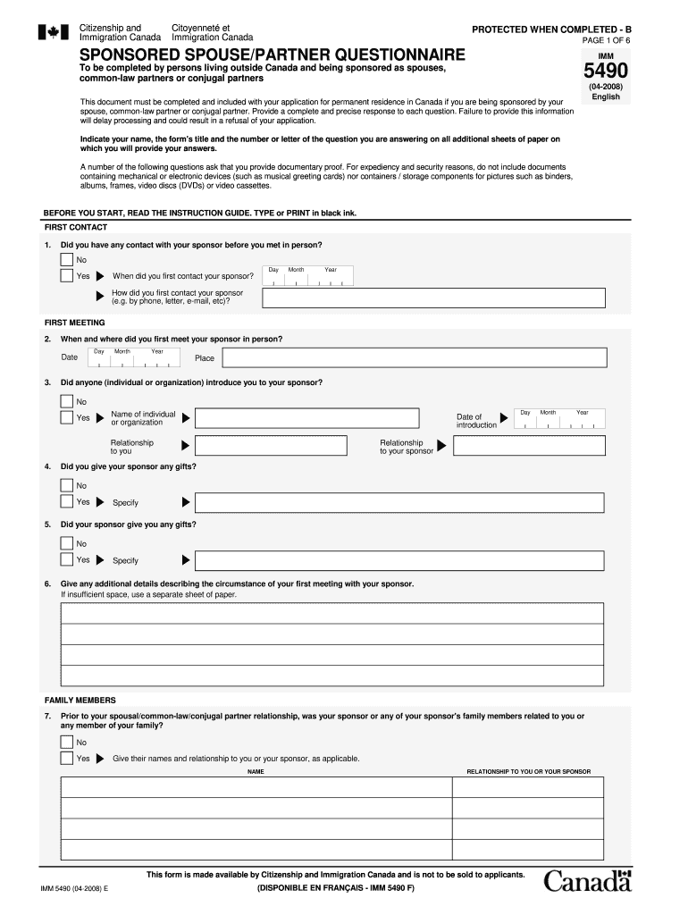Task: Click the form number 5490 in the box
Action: [x=606, y=71]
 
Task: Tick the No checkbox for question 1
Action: [x=67, y=260]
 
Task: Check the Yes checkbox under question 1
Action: [x=67, y=276]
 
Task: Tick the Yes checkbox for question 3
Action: [x=67, y=417]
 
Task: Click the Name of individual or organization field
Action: [x=306, y=417]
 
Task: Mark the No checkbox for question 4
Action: [x=67, y=485]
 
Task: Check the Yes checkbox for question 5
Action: [x=67, y=560]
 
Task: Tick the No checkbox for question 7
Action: [x=67, y=742]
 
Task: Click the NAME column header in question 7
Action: [x=256, y=771]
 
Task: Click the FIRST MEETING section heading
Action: [x=74, y=323]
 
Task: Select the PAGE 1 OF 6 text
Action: [x=606, y=41]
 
